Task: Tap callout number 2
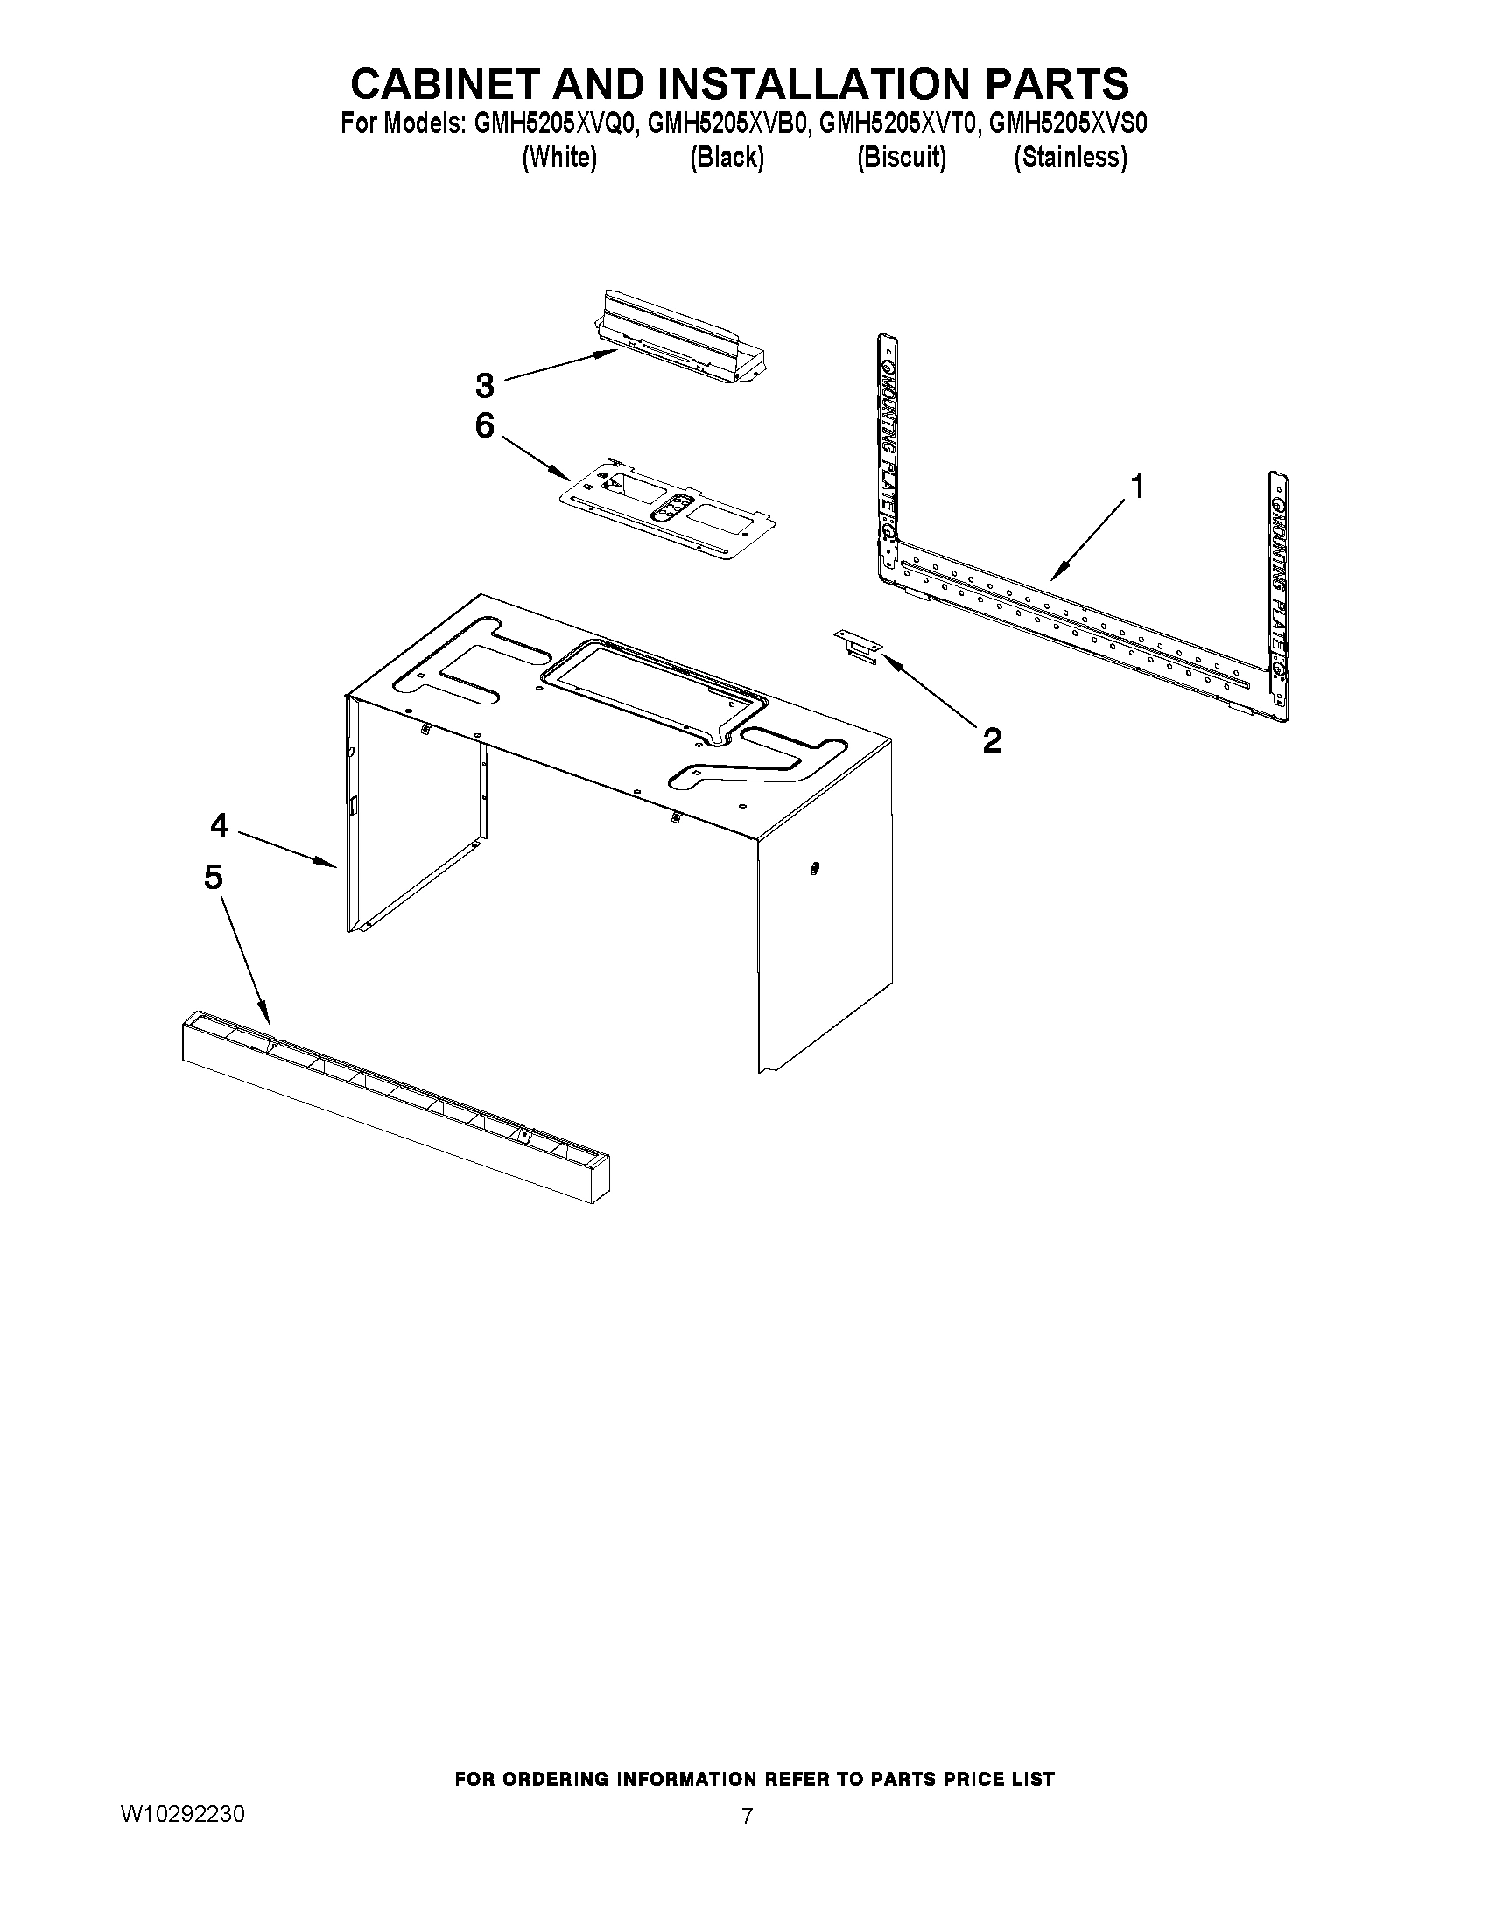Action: [x=992, y=740]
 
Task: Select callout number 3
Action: [x=484, y=385]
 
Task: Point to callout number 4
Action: [x=219, y=825]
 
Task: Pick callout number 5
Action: [x=213, y=878]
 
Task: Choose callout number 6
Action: [x=484, y=426]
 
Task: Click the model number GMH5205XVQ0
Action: [x=555, y=124]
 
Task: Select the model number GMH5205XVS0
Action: [x=1067, y=124]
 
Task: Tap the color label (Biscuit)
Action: [x=902, y=158]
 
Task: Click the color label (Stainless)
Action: [x=1070, y=158]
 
